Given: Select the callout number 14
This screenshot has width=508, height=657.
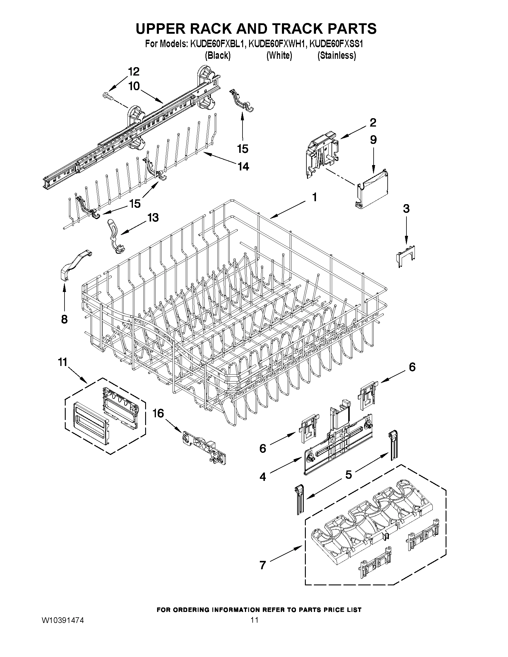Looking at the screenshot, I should tap(243, 166).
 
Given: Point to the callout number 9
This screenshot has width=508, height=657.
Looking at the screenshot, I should tap(373, 140).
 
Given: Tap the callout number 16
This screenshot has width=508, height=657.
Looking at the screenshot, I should tap(158, 413).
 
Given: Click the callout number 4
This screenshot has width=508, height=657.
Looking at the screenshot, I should tap(263, 477).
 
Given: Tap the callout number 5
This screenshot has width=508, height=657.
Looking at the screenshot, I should tap(348, 475).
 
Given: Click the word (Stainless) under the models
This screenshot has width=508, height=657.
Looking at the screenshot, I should tap(337, 56).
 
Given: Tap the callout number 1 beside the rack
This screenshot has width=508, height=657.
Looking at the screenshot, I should tap(314, 198).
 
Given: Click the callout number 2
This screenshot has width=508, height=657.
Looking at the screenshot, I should tap(373, 122).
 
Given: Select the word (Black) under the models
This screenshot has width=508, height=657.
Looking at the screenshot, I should tap(218, 56).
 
